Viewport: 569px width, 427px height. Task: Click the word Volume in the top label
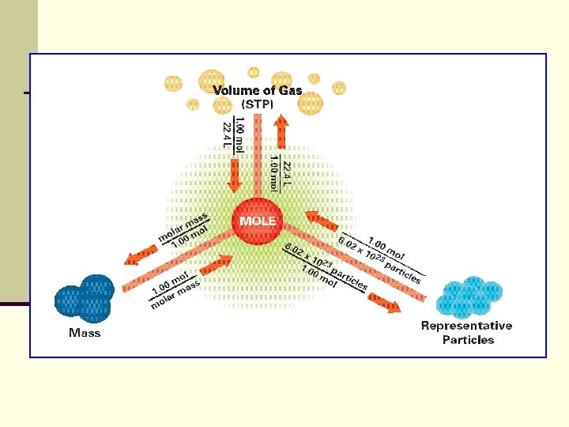click(x=236, y=91)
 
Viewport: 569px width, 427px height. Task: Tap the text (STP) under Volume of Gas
click(x=258, y=104)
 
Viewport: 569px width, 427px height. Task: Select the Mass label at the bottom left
click(x=85, y=333)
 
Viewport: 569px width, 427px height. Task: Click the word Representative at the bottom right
click(x=466, y=326)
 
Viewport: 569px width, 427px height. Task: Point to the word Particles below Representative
click(x=468, y=340)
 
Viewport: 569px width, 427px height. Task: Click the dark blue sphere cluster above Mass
click(x=85, y=298)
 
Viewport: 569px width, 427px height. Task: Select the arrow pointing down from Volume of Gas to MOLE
click(x=234, y=175)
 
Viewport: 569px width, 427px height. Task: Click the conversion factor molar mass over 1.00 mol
click(x=183, y=229)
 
